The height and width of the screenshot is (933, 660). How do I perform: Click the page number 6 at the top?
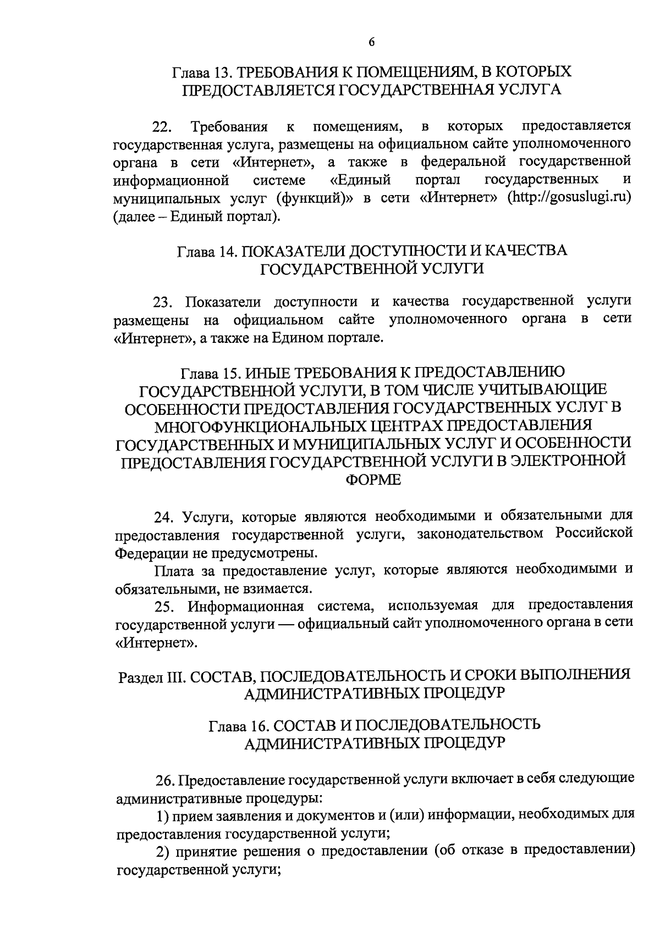click(x=371, y=42)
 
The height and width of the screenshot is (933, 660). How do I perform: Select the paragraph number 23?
click(x=163, y=303)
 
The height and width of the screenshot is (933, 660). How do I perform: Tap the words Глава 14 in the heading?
click(x=206, y=251)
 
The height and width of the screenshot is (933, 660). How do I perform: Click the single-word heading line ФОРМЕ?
click(x=372, y=480)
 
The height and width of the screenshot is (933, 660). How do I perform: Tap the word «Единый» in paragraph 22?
click(x=360, y=180)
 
